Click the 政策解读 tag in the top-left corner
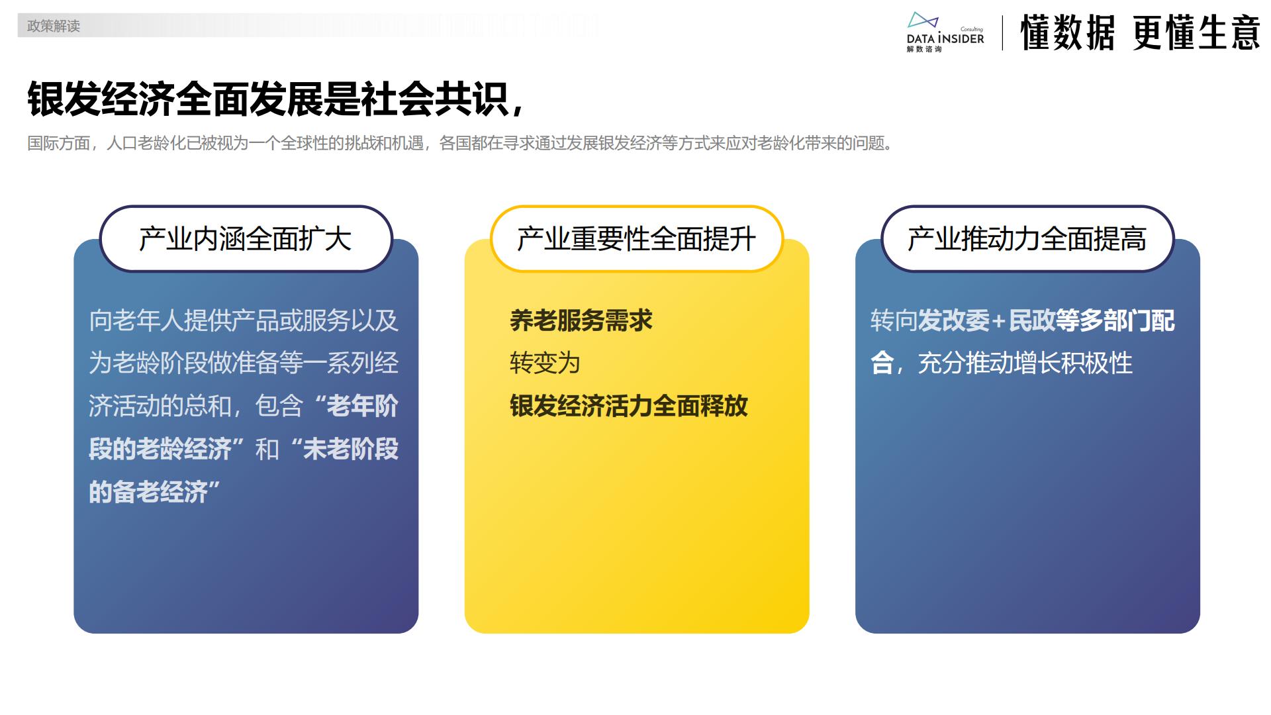click(x=53, y=26)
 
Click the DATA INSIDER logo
click(x=945, y=32)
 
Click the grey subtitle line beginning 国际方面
click(x=461, y=143)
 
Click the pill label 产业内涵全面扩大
click(x=246, y=239)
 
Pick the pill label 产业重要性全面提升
click(x=636, y=239)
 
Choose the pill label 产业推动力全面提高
click(x=1027, y=239)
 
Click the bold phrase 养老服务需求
click(x=581, y=321)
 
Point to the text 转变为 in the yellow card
click(x=545, y=363)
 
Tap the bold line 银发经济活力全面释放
click(x=628, y=406)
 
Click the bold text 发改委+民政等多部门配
click(x=1046, y=321)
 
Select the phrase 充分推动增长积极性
click(x=1025, y=363)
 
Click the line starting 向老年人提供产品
click(x=244, y=321)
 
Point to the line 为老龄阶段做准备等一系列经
click(x=244, y=363)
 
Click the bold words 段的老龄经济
click(x=160, y=450)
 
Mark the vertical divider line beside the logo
click(x=1002, y=33)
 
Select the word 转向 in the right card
click(x=894, y=321)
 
